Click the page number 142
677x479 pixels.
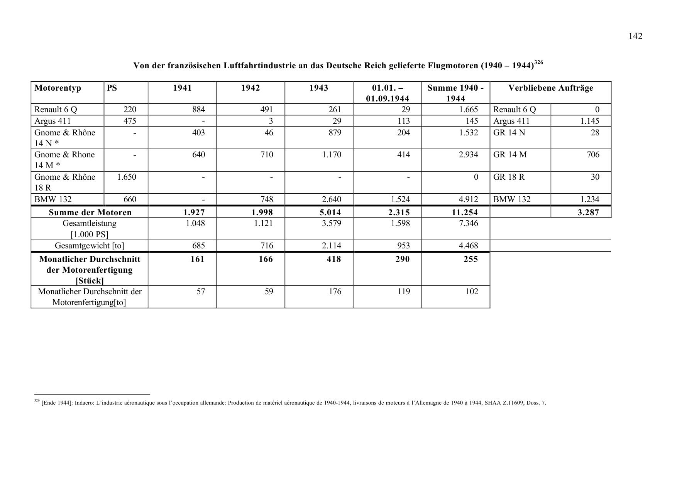click(x=635, y=36)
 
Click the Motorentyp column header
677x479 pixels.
click(x=58, y=88)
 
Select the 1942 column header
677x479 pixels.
click(x=250, y=88)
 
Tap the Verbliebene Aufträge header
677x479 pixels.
click(x=550, y=88)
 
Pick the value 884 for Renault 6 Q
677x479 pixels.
click(x=198, y=110)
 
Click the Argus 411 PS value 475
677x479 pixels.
click(x=130, y=121)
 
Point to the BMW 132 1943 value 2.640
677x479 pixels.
click(x=332, y=199)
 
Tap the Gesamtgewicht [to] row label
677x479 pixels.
click(x=90, y=246)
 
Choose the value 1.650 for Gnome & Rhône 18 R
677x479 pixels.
click(x=127, y=177)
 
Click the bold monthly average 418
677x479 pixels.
click(x=333, y=259)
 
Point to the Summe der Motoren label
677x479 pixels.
click(x=90, y=213)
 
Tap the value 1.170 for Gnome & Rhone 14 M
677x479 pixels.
click(x=332, y=155)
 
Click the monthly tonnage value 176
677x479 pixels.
click(x=335, y=292)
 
